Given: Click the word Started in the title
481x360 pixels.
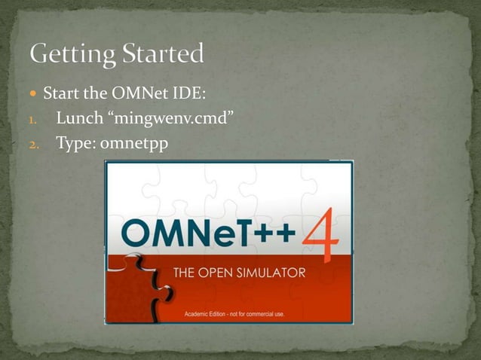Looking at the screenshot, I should click(x=163, y=53).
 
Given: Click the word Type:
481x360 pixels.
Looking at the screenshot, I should click(x=75, y=142).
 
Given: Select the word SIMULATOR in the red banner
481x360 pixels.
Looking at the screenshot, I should click(x=270, y=273).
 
